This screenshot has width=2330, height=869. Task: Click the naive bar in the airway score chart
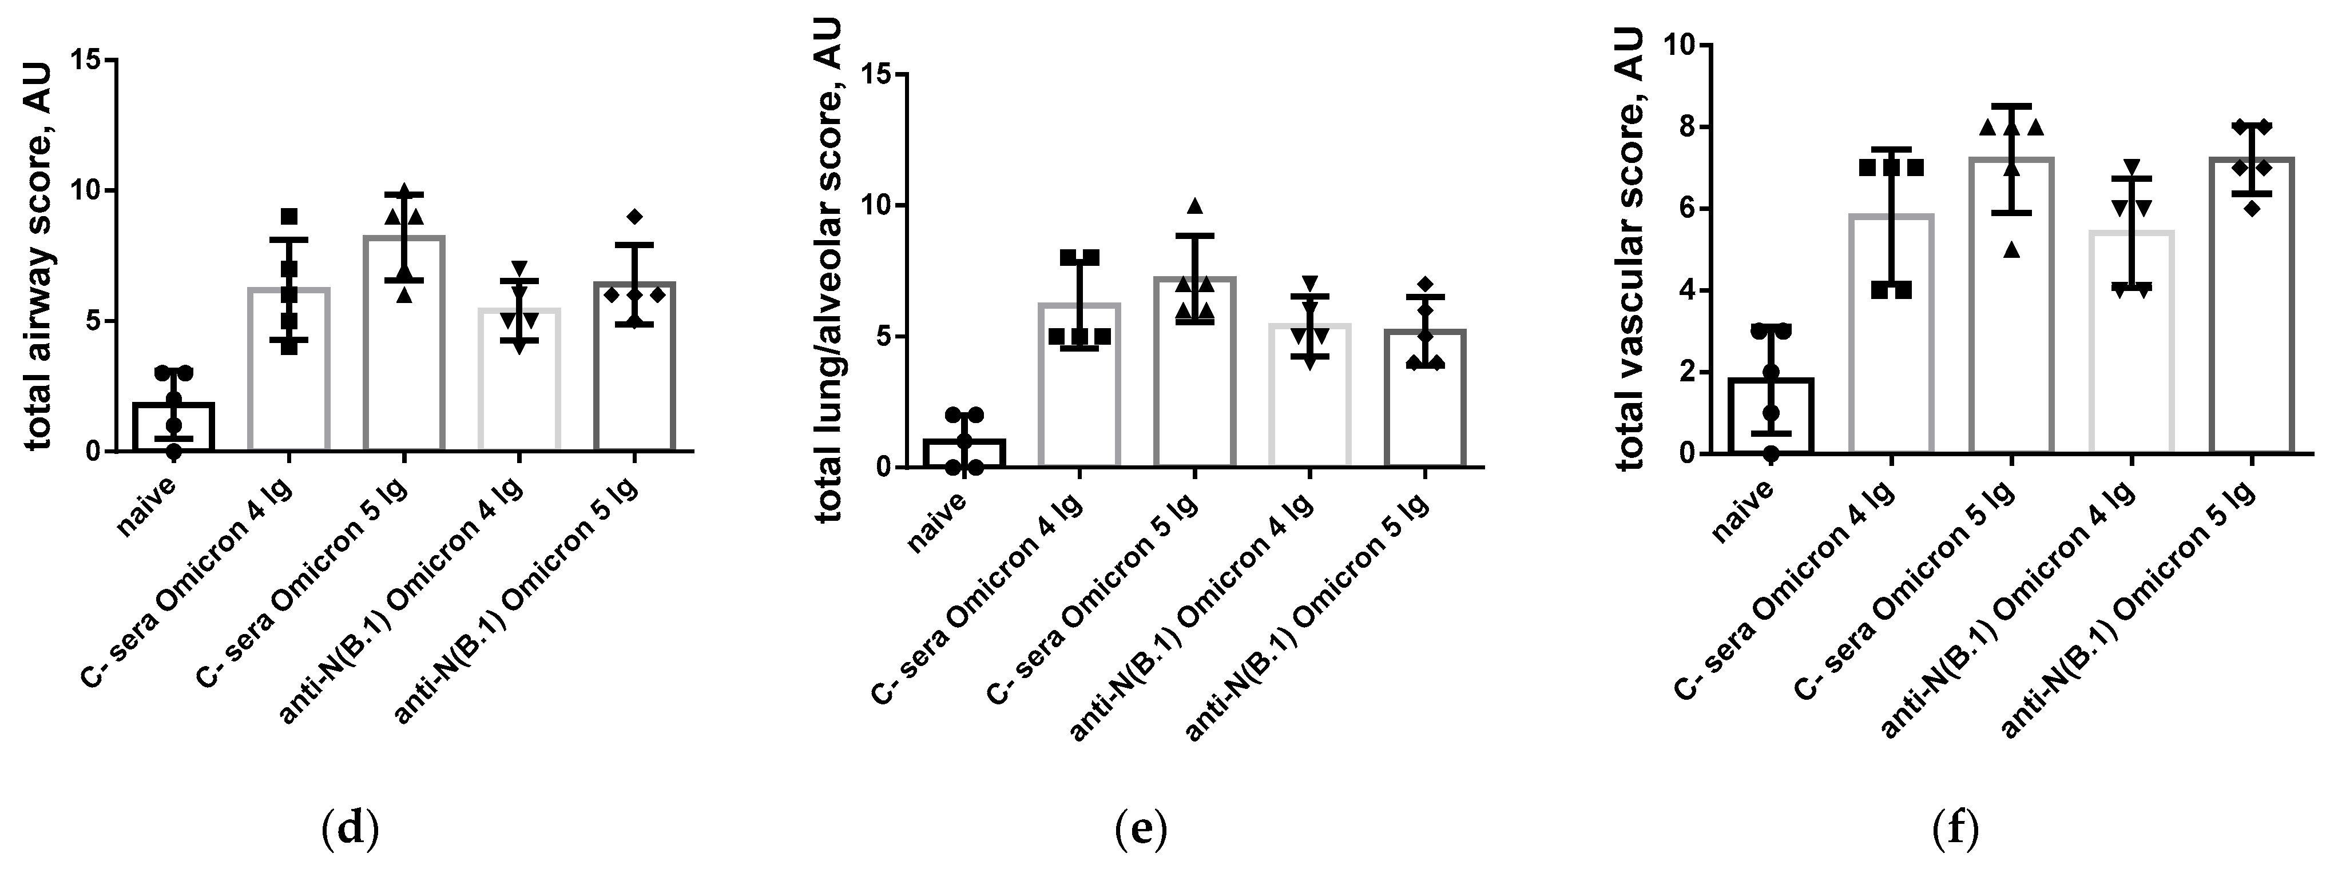point(173,427)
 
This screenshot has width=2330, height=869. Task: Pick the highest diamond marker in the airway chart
point(635,216)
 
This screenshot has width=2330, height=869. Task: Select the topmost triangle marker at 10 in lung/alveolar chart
point(1195,206)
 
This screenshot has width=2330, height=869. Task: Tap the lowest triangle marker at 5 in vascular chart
point(2011,250)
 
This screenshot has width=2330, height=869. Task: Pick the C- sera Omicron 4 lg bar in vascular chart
point(1891,334)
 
